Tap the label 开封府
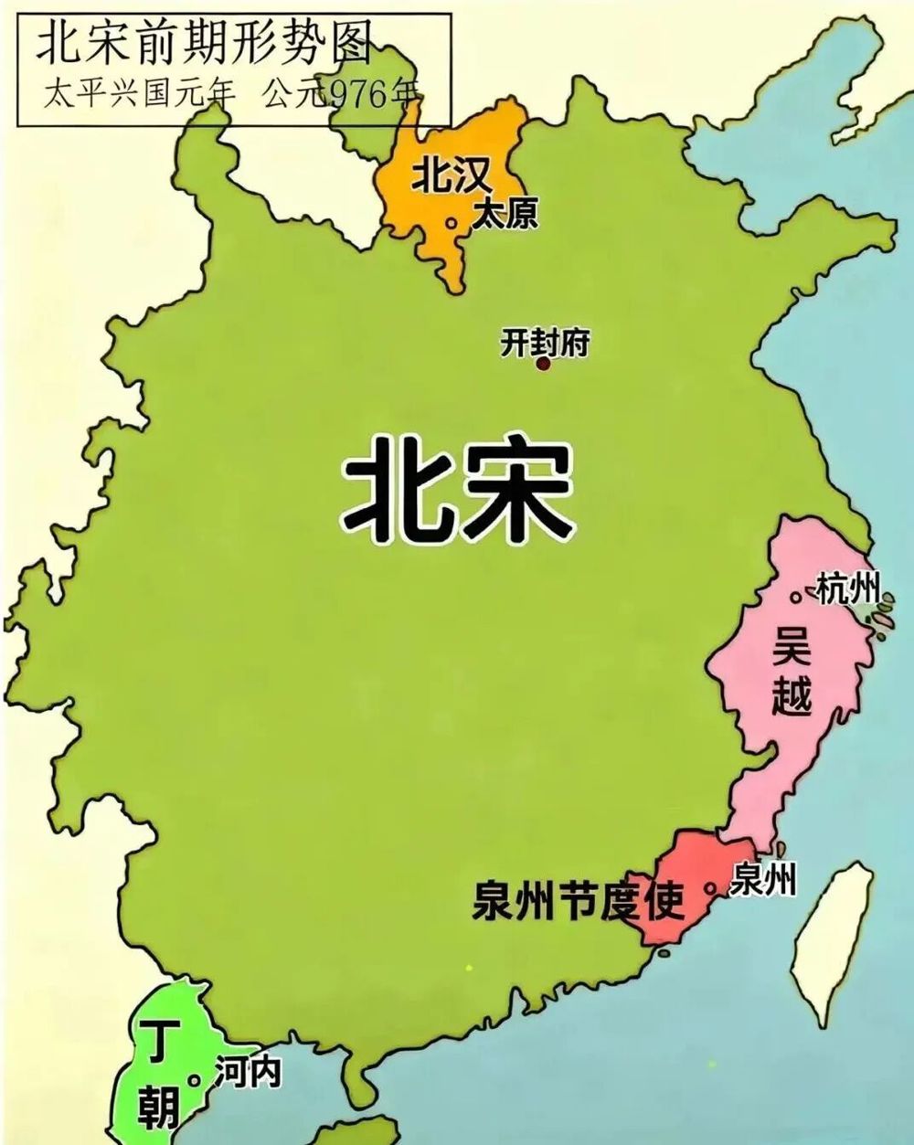(x=545, y=343)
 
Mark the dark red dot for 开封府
(x=543, y=364)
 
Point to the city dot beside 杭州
(x=796, y=597)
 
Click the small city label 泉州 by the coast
(x=764, y=879)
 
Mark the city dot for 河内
(x=194, y=1080)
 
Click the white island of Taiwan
(x=832, y=941)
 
